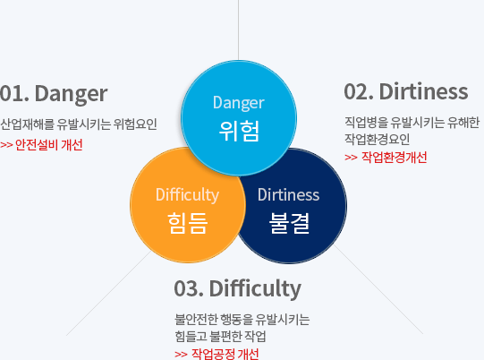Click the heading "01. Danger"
[x=54, y=94]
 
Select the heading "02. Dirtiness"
[x=406, y=91]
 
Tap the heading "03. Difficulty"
[x=237, y=289]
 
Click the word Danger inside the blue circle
[x=239, y=103]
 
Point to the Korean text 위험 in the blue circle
[x=239, y=132]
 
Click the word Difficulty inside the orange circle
[x=187, y=195]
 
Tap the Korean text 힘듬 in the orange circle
[x=187, y=223]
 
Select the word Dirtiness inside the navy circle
[x=289, y=195]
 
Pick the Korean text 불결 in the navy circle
[x=289, y=223]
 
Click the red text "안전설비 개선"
[x=49, y=145]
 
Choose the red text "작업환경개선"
[x=395, y=158]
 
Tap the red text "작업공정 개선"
[x=225, y=354]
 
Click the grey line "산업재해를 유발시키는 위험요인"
[x=79, y=124]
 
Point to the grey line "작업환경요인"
[x=378, y=139]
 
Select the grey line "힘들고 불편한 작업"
[x=220, y=336]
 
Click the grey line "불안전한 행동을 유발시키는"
[x=242, y=319]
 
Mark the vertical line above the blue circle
[x=238, y=30]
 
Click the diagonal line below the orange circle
[x=108, y=293]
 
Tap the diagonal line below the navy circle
[x=378, y=289]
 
